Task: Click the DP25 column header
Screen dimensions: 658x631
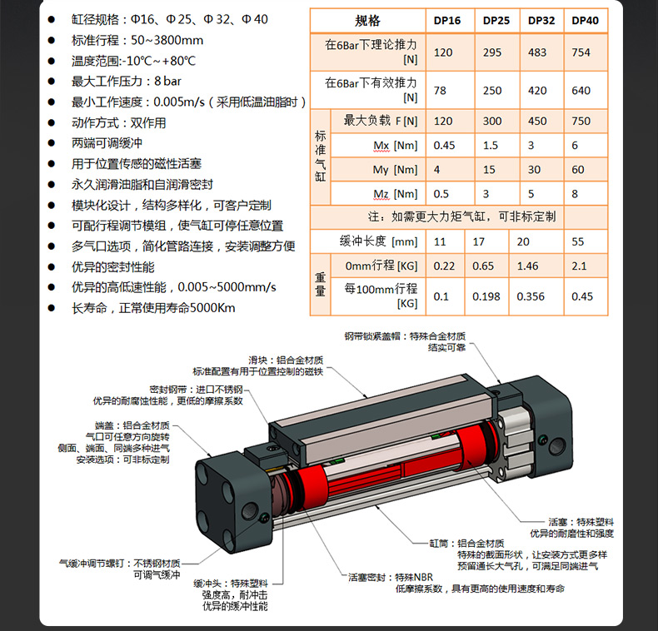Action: tap(496, 21)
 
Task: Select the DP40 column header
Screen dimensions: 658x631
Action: tap(585, 21)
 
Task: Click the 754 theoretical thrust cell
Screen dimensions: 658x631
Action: tap(581, 52)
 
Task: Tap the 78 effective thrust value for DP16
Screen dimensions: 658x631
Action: tap(440, 91)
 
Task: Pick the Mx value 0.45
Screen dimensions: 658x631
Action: tap(444, 146)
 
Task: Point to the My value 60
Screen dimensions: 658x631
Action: tap(578, 170)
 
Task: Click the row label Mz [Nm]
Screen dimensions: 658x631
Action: tap(396, 194)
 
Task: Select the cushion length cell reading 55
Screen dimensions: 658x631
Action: tap(578, 241)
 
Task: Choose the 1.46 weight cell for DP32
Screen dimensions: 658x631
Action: tap(527, 266)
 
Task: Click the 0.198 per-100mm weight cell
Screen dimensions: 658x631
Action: tap(486, 296)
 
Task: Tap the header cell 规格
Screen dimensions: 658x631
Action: tap(367, 21)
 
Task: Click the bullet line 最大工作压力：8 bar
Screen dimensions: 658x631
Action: tap(127, 81)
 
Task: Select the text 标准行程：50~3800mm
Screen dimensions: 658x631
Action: tap(137, 40)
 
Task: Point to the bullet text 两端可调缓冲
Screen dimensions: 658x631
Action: tap(107, 143)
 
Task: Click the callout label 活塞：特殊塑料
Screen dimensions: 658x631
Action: tap(581, 522)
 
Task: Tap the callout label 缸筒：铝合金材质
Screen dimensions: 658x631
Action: tap(466, 544)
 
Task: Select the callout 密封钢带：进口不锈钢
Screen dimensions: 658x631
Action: tap(196, 390)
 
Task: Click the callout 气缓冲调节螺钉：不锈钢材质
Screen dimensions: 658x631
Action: tap(120, 563)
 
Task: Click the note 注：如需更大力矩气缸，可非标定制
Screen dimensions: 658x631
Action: tap(461, 216)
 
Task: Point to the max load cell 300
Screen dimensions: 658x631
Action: tap(491, 122)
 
